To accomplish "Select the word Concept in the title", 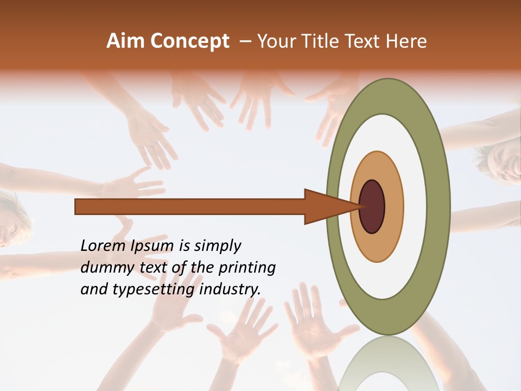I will (x=190, y=41).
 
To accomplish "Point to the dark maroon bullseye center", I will (x=372, y=206).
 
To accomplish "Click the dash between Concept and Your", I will (x=245, y=42).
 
